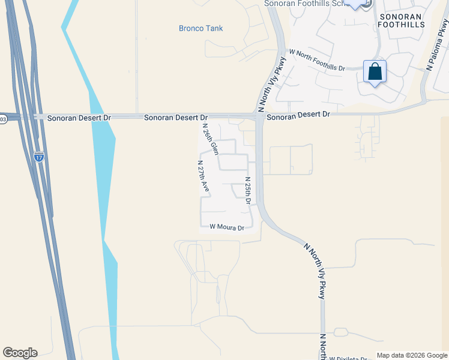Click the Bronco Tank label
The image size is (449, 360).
[200, 28]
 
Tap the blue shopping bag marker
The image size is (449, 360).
[375, 73]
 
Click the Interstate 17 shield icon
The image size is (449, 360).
[39, 157]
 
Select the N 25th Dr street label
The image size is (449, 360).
[247, 190]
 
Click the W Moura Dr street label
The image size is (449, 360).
[227, 228]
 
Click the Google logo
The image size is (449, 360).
[20, 353]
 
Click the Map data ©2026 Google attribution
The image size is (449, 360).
[412, 355]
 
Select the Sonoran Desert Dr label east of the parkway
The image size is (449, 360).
[298, 114]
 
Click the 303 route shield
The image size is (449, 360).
[2, 119]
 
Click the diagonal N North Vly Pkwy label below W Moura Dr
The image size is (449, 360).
[317, 271]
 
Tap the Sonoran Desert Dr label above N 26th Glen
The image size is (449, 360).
[175, 118]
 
